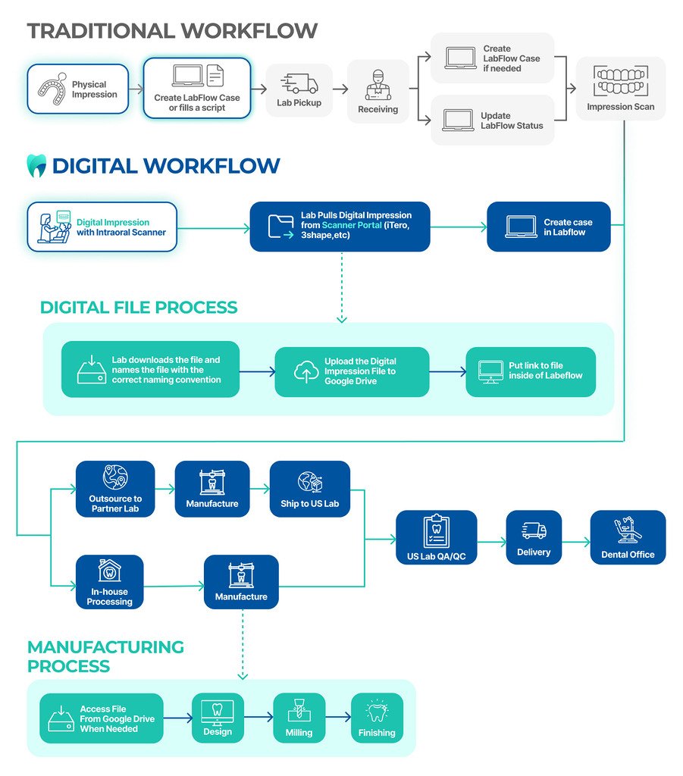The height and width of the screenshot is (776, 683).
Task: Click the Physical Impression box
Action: (x=78, y=89)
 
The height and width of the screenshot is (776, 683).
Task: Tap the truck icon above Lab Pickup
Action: (x=299, y=83)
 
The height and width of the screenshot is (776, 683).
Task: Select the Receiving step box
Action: (x=378, y=91)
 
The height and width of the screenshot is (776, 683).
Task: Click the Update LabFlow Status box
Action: (x=492, y=120)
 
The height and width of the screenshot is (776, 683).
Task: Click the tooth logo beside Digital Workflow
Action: (x=36, y=165)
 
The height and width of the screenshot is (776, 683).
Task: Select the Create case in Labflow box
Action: (x=548, y=227)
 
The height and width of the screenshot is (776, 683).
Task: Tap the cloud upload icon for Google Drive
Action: (x=305, y=371)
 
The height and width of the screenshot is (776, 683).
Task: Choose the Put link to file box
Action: (x=531, y=371)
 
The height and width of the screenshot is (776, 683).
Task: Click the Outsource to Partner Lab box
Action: (x=115, y=489)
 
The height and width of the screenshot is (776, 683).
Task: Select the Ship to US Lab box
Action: (x=310, y=489)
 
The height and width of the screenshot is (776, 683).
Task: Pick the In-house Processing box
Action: (x=110, y=583)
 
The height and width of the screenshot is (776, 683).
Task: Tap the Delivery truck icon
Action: (x=534, y=530)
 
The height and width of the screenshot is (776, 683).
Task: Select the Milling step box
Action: (x=299, y=718)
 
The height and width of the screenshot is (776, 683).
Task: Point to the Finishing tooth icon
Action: (x=377, y=712)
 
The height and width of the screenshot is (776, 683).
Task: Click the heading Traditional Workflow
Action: (x=172, y=31)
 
